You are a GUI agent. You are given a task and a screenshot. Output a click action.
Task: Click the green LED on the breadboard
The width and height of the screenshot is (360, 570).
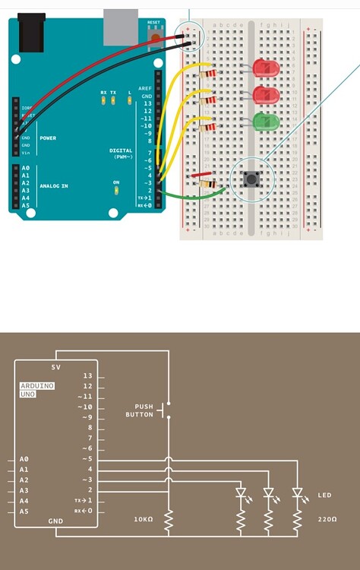(266, 121)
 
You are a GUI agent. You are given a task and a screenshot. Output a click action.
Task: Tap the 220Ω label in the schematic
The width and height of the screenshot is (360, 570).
(327, 520)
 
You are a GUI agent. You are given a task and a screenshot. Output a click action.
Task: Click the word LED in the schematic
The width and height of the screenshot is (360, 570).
(324, 496)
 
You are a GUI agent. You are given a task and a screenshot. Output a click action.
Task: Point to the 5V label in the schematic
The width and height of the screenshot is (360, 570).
(55, 368)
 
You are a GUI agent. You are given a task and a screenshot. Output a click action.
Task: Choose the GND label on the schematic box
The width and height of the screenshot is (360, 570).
(55, 521)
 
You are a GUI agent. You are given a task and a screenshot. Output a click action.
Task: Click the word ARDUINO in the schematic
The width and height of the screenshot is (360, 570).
(38, 386)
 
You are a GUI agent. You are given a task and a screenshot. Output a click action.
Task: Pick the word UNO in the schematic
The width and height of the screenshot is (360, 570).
(27, 394)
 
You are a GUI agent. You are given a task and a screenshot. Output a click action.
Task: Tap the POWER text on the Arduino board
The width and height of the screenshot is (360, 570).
(48, 138)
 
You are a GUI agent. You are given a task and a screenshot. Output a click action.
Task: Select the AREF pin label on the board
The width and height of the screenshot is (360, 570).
(144, 89)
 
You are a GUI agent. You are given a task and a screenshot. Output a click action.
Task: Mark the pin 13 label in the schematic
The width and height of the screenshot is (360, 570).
(88, 376)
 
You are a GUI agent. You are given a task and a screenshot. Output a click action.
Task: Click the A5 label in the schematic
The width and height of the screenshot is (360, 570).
(24, 511)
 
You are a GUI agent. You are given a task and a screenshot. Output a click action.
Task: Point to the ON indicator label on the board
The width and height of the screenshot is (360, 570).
(116, 182)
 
